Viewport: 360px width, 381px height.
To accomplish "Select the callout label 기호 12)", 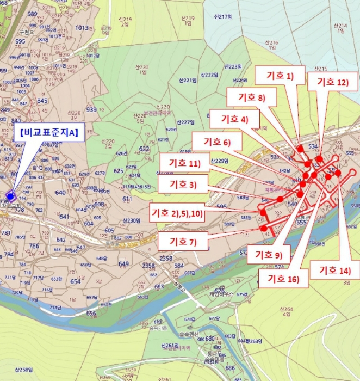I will point(332,82).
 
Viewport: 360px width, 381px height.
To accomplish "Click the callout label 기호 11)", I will point(185,163).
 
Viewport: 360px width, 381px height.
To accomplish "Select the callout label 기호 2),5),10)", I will point(177,212).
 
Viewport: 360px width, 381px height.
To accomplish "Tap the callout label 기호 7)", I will point(183,241).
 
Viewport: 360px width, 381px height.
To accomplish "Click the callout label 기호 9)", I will point(269,254).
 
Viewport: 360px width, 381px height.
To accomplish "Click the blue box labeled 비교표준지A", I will point(48,132).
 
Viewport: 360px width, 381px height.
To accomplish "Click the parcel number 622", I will point(144,149).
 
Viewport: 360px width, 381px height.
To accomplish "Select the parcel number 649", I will point(123,264).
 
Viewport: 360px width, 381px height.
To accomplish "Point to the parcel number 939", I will point(91,109).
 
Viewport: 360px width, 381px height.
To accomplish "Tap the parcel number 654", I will point(76,281).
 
